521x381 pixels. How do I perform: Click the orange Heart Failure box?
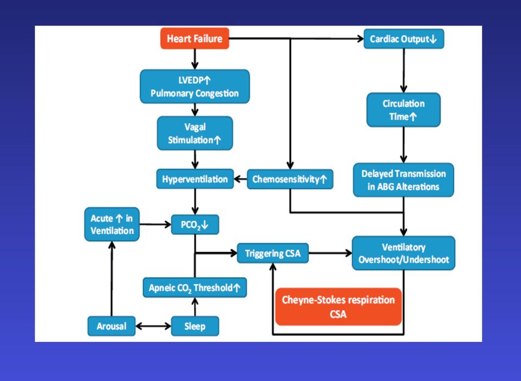click(194, 39)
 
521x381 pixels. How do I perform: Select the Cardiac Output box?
click(404, 39)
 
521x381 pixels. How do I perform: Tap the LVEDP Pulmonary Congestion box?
click(194, 86)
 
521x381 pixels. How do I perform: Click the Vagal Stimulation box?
click(194, 133)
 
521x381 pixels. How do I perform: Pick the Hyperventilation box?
click(195, 179)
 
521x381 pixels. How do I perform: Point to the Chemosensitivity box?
click(290, 179)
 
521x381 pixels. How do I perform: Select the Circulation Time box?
click(403, 110)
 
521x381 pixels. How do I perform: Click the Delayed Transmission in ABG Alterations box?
click(403, 180)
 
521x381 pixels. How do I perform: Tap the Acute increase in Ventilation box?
click(112, 224)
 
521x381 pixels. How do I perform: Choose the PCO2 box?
click(195, 225)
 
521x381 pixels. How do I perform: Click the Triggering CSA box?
click(273, 253)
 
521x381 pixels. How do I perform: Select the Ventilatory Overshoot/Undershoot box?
click(403, 253)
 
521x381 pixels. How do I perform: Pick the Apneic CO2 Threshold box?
click(194, 288)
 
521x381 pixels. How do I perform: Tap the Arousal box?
click(112, 326)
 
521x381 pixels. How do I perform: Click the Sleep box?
click(195, 326)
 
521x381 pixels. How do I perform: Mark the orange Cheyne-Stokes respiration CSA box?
click(338, 307)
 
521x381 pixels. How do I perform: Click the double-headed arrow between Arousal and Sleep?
click(153, 326)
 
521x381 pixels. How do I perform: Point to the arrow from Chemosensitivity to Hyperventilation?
click(241, 179)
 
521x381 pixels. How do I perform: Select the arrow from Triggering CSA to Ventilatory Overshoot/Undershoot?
click(330, 253)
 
